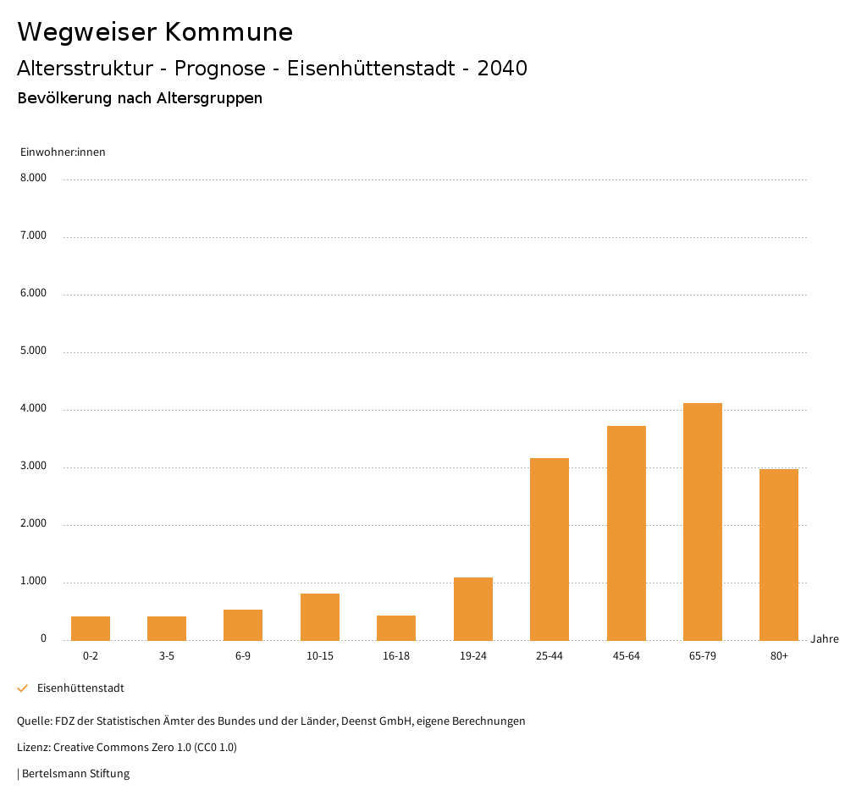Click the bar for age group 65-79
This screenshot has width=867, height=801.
pos(703,522)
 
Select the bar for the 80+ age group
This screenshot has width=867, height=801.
pos(779,555)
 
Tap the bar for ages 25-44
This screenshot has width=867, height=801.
pos(549,549)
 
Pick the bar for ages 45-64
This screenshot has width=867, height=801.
pos(627,533)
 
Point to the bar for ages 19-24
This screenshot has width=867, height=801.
pos(473,609)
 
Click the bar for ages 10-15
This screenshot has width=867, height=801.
pos(320,616)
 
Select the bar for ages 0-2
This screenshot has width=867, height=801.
pos(91,628)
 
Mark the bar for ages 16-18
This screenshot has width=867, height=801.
pos(396,627)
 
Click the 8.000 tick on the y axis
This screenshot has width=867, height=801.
pos(33,178)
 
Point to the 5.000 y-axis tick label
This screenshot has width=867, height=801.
pos(33,351)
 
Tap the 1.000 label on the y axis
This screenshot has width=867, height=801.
pos(33,582)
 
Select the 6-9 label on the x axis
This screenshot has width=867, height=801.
pos(243,656)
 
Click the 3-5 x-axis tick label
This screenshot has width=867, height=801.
pos(167,656)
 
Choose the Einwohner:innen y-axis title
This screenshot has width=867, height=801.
pos(63,152)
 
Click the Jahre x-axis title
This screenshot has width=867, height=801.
pos(825,639)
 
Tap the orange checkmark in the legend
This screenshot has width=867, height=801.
pos(23,688)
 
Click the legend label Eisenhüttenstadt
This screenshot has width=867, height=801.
pos(80,688)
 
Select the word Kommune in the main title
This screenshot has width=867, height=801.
pos(229,32)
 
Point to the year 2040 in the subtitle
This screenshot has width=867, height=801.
pos(502,69)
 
